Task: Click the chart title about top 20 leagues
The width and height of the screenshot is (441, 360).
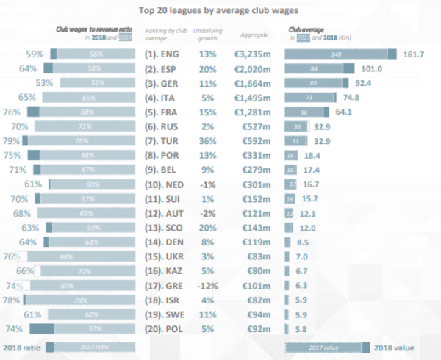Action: pos(220,11)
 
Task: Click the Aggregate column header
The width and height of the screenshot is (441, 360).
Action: pos(254,35)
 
